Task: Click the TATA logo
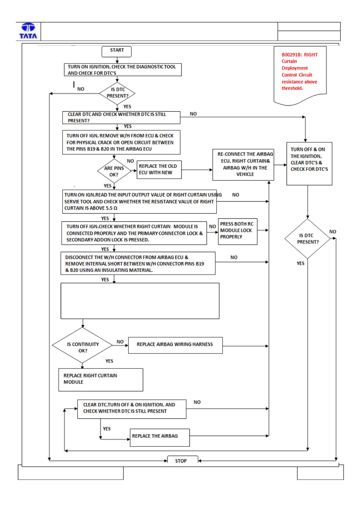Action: pyautogui.click(x=28, y=31)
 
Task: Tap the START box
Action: pyautogui.click(x=116, y=51)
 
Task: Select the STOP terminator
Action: pyautogui.click(x=183, y=459)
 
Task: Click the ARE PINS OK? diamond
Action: pyautogui.click(x=114, y=171)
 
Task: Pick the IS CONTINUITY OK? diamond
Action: pyautogui.click(x=82, y=345)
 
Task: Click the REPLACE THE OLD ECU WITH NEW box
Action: pyautogui.click(x=159, y=169)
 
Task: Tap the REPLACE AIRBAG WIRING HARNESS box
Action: pyautogui.click(x=175, y=345)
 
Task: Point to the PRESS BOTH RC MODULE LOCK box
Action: pyautogui.click(x=238, y=231)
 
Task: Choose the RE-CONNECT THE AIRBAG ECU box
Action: pyautogui.click(x=243, y=165)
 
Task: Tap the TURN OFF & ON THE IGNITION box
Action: pyautogui.click(x=309, y=164)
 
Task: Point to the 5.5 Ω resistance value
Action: pyautogui.click(x=112, y=208)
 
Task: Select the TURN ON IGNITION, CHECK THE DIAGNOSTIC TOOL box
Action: pyautogui.click(x=123, y=69)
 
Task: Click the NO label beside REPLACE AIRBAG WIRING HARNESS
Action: pyautogui.click(x=120, y=341)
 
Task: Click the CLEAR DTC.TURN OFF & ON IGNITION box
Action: pyautogui.click(x=132, y=409)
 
